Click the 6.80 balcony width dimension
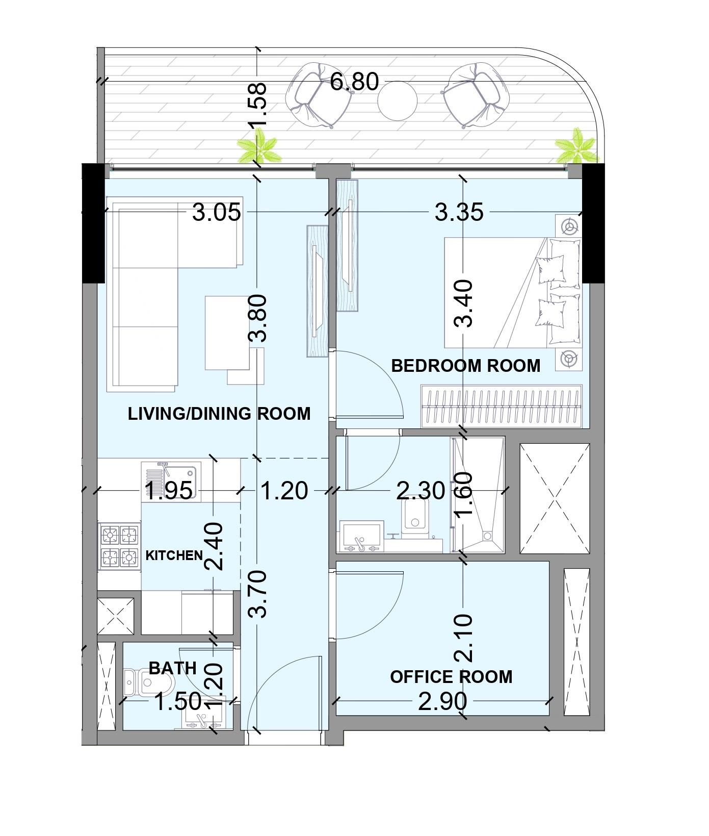coord(354,82)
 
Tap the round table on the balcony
coord(397,99)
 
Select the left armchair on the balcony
coord(318,95)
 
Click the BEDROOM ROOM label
coord(465,366)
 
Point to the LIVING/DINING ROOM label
coord(219,413)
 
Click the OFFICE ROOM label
coord(451,677)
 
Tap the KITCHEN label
coord(174,555)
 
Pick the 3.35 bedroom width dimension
coord(459,212)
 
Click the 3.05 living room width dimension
coord(217,212)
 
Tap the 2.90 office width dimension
coord(442,702)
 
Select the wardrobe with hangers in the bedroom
coord(502,406)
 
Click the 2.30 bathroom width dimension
coord(421,491)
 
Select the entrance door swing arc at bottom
coord(280,689)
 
